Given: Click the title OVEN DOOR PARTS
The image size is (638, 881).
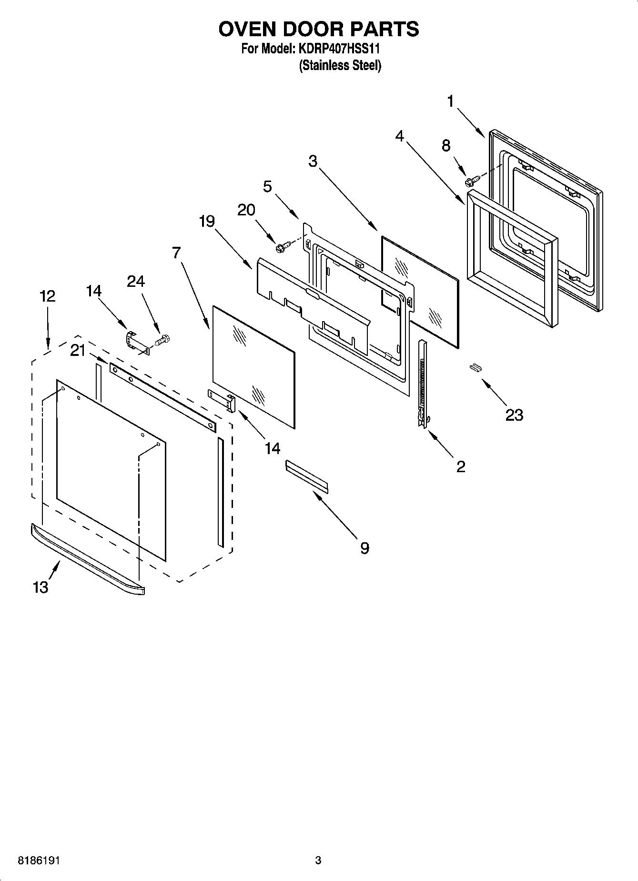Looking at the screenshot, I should tap(318, 29).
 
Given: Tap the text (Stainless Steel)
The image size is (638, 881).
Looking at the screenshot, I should tap(340, 65).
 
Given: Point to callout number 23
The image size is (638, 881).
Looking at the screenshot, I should tap(514, 415).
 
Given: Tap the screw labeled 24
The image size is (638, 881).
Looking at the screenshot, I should tap(163, 341).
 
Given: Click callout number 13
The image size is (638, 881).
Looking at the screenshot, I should tap(41, 587).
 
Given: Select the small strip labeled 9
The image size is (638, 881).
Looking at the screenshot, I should tap(307, 476).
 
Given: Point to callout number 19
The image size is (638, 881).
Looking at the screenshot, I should tap(207, 221).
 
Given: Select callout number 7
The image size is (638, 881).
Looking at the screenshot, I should tap(176, 252).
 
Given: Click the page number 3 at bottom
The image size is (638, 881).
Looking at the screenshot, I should tap(318, 861).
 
